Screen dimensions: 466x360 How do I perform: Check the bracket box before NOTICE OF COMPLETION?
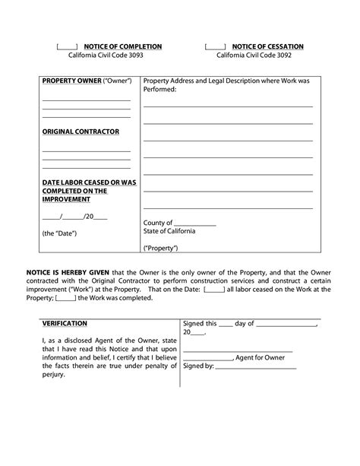pos(68,47)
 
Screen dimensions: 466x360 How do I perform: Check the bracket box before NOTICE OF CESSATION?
pos(215,47)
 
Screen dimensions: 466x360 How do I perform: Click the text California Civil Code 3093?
pos(106,56)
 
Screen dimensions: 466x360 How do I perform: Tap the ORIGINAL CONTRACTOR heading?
pos(81,132)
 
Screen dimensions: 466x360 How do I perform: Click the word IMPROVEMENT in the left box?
pos(66,199)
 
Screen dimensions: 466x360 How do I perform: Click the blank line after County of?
pos(196,224)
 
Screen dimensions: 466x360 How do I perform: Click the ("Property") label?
pos(160,249)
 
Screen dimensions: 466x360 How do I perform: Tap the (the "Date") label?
pos(60,233)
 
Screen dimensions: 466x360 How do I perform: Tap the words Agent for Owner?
pos(261,357)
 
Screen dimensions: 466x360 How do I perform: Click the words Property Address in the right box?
pos(169,81)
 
